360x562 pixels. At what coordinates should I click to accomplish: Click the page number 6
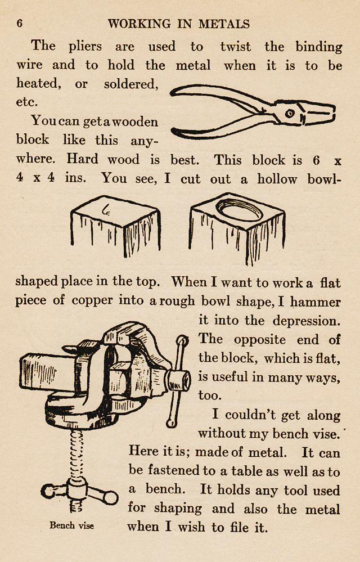pyautogui.click(x=20, y=24)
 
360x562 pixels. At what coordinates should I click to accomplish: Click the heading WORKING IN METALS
pyautogui.click(x=179, y=24)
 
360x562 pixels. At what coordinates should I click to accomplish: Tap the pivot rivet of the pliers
pyautogui.click(x=290, y=114)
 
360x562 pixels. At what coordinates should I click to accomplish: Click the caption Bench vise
pyautogui.click(x=71, y=525)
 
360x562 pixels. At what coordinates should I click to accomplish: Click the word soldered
pyautogui.click(x=130, y=84)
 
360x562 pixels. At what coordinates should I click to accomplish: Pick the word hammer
pyautogui.click(x=316, y=302)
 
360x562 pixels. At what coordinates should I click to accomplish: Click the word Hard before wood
pyautogui.click(x=85, y=159)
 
